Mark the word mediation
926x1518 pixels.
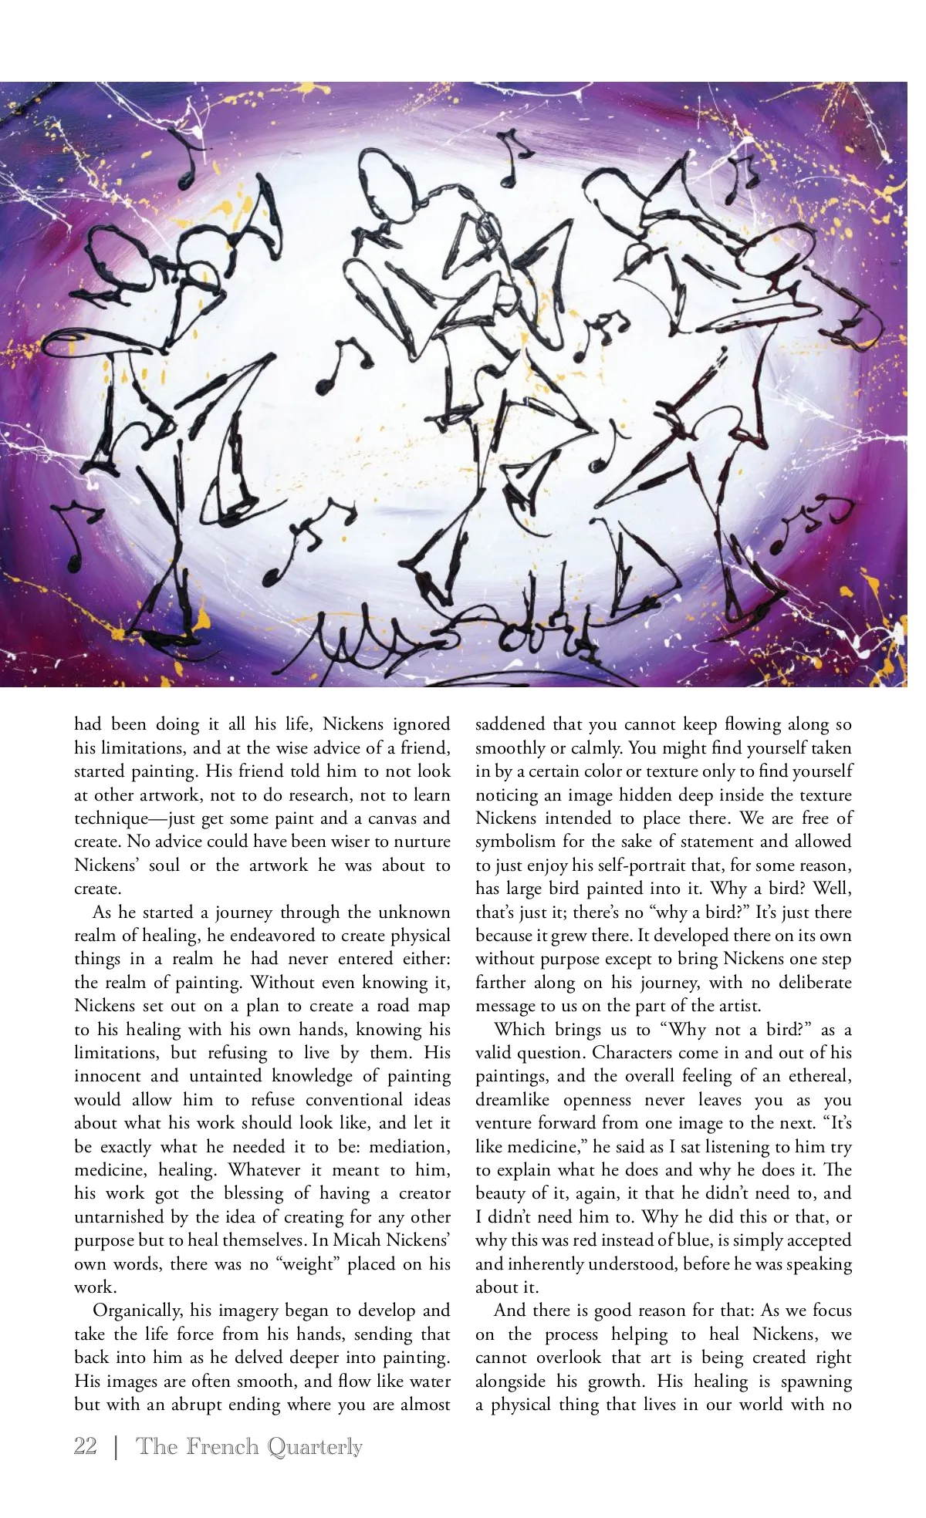[405, 1146]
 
